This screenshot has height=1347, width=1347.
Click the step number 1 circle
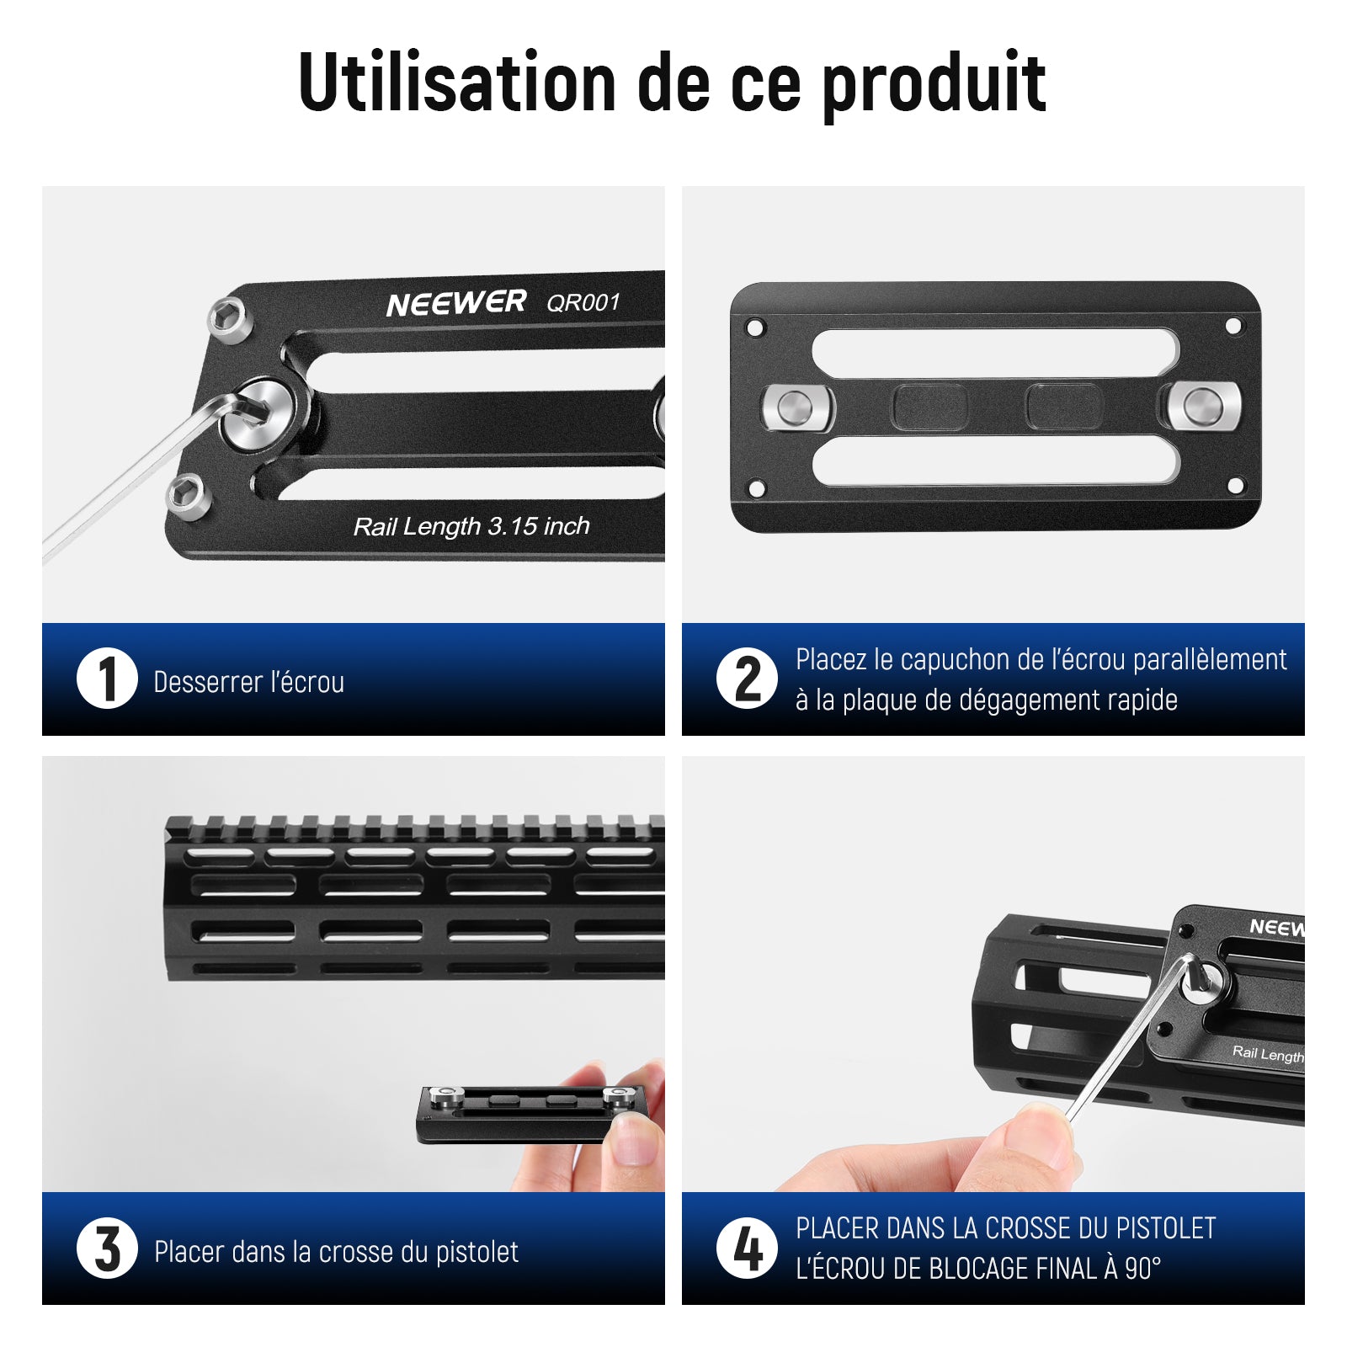[107, 679]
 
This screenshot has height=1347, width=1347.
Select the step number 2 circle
[747, 679]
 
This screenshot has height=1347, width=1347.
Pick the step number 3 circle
[107, 1249]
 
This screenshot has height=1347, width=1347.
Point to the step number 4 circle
[747, 1249]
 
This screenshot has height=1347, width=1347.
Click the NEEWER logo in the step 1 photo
[456, 303]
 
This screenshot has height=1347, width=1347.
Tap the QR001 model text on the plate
[583, 301]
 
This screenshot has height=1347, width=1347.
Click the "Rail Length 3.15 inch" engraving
[471, 527]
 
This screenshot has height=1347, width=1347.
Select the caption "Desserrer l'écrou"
[249, 682]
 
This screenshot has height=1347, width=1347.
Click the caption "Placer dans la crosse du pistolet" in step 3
[336, 1252]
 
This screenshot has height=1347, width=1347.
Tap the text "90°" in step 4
[1143, 1268]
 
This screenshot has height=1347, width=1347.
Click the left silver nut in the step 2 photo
[796, 408]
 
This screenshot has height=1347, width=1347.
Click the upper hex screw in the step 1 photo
[230, 319]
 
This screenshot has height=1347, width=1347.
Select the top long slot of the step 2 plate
[995, 353]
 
